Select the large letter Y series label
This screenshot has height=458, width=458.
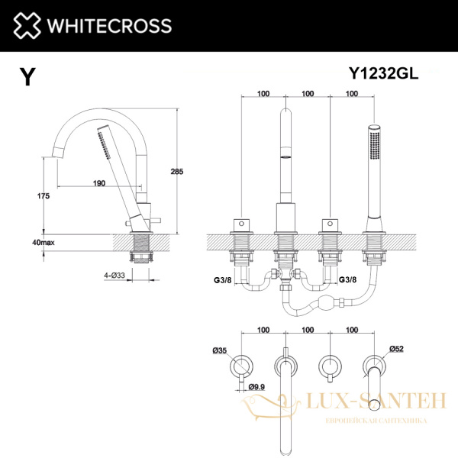[27, 76]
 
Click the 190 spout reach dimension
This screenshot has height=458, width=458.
[98, 183]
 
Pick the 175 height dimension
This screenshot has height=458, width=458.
[44, 196]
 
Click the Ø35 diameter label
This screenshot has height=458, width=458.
[221, 350]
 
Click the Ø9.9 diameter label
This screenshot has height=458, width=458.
[259, 387]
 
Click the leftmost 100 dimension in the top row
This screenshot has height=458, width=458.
[264, 94]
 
